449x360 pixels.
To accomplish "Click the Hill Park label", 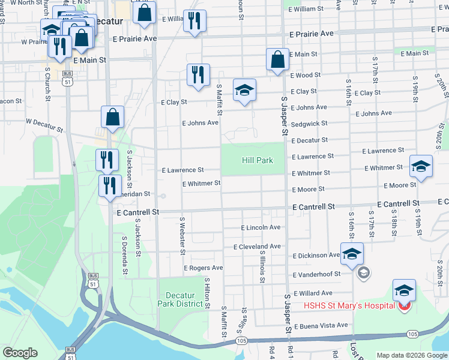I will pyautogui.click(x=257, y=160).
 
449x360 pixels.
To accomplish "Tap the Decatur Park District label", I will pyautogui.click(x=180, y=299).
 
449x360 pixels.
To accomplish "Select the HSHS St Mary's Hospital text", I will pyautogui.click(x=348, y=305).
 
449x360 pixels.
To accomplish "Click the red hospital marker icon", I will pyautogui.click(x=405, y=307).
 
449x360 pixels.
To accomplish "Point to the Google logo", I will pyautogui.click(x=19, y=353).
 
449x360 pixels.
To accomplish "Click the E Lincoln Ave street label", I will pyautogui.click(x=261, y=228).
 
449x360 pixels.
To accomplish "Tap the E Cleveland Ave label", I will pyautogui.click(x=257, y=247).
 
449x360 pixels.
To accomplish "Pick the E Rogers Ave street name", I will pyautogui.click(x=203, y=268).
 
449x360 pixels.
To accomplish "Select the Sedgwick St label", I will pyautogui.click(x=309, y=124).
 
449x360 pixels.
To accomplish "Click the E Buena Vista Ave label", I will pyautogui.click(x=317, y=325).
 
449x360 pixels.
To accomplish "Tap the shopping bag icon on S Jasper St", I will pyautogui.click(x=277, y=61).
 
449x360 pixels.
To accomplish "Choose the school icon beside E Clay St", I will pyautogui.click(x=244, y=91).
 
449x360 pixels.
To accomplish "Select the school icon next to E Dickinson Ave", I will pyautogui.click(x=352, y=254).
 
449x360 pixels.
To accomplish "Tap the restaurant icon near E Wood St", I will pyautogui.click(x=198, y=75).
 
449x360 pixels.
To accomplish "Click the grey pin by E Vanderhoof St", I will pyautogui.click(x=363, y=274).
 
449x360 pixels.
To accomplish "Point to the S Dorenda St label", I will pyautogui.click(x=125, y=254).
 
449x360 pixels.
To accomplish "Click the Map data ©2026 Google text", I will pyautogui.click(x=411, y=355).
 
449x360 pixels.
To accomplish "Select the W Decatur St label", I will pyautogui.click(x=44, y=125).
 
